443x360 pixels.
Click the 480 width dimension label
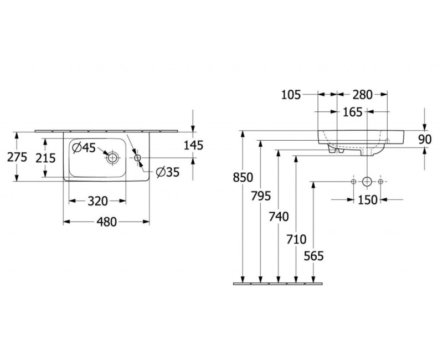(x=106, y=222)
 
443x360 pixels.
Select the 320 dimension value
(x=98, y=201)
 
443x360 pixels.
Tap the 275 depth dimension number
(x=17, y=157)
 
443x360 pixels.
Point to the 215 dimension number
(x=45, y=158)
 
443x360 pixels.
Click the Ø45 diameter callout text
(x=84, y=148)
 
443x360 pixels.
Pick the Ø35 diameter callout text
(x=168, y=172)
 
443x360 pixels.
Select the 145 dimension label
(x=193, y=145)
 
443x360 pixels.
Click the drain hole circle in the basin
(x=113, y=158)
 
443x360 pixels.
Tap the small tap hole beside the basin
(x=137, y=158)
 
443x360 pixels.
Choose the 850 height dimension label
(x=243, y=177)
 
